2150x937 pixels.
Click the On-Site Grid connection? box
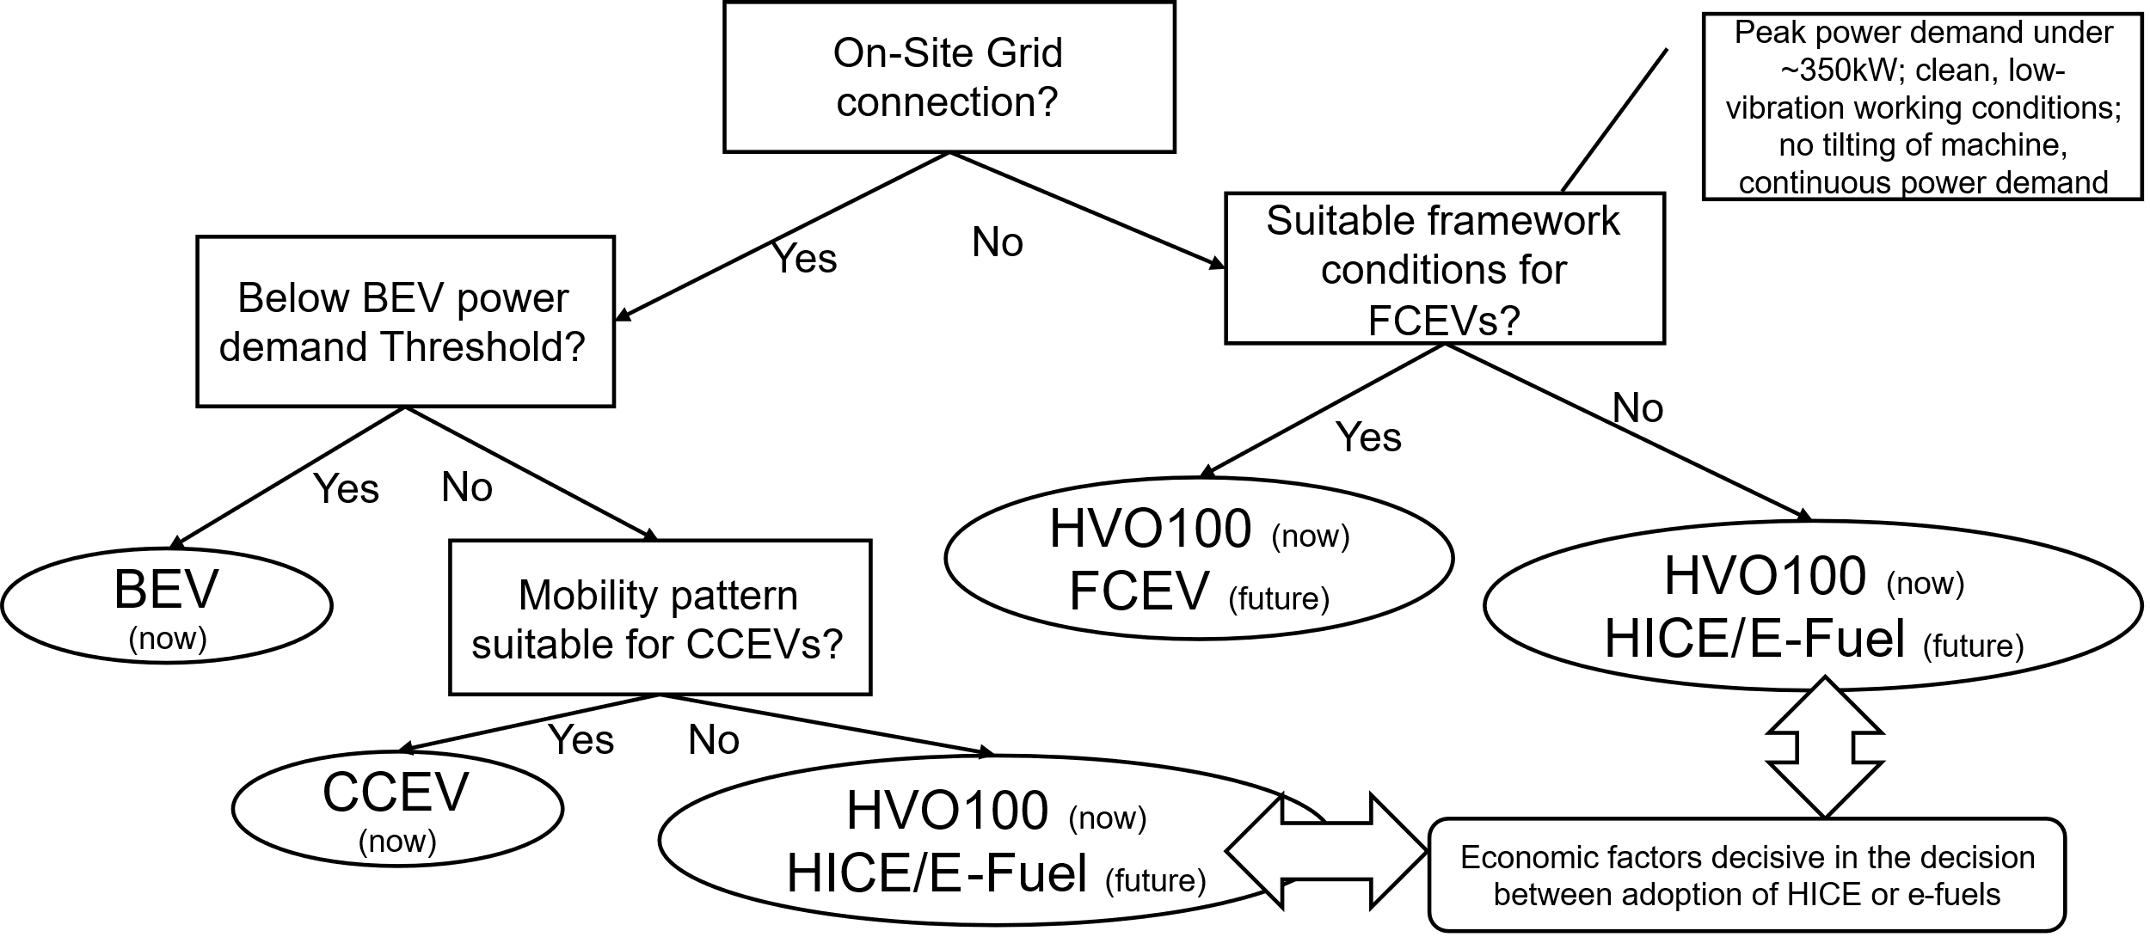click(949, 77)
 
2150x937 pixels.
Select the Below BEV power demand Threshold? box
click(405, 322)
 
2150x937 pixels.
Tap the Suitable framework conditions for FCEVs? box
click(1444, 269)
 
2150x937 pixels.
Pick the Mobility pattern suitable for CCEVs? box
click(660, 617)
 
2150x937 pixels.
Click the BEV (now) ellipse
click(166, 606)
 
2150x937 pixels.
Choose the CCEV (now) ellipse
click(397, 809)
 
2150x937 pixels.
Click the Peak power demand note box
click(1922, 107)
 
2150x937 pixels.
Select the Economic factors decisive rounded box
click(1747, 875)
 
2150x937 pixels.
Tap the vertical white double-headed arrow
click(1824, 745)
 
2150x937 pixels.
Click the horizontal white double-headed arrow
click(1323, 851)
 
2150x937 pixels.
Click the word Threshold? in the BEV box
click(482, 347)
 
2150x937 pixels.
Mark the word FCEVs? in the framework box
click(1444, 320)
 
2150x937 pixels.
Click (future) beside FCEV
click(1278, 598)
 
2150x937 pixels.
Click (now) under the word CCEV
click(397, 840)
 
